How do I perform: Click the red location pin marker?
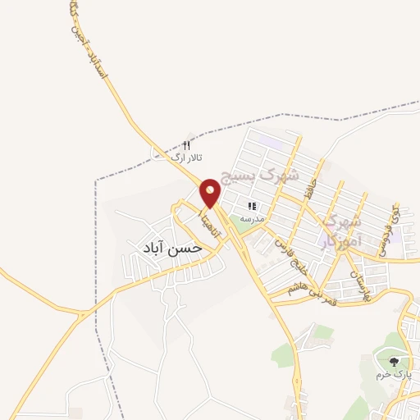tap(211, 194)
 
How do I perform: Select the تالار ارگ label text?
tap(185, 157)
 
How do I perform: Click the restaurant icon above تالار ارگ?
tap(186, 144)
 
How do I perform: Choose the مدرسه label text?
tap(253, 219)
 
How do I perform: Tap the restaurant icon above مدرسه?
tap(253, 207)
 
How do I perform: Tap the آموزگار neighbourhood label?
tap(340, 231)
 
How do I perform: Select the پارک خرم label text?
tap(391, 374)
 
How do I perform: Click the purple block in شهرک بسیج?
tap(271, 140)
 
